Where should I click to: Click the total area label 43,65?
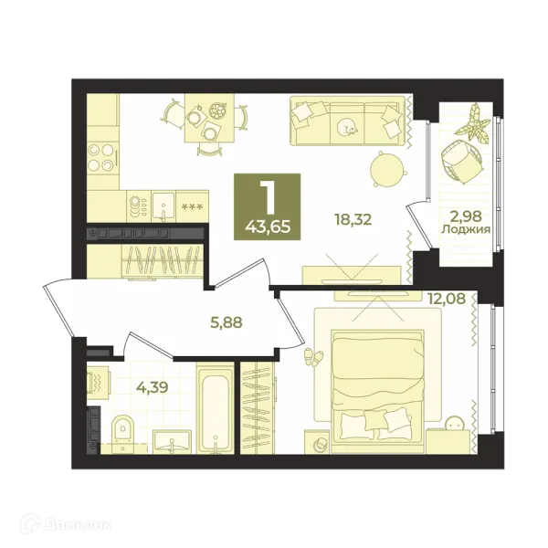pos(268,227)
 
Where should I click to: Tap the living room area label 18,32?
pos(353,220)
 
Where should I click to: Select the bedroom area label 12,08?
pos(447,298)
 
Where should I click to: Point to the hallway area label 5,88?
pos(227,322)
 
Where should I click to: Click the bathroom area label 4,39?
pos(153,386)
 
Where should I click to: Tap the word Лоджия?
pos(466,229)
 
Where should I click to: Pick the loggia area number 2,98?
pos(466,216)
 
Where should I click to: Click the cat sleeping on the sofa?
pos(347,126)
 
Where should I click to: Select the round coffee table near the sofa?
pos(387,169)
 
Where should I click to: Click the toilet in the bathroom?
pos(122,430)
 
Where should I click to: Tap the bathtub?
pos(215,408)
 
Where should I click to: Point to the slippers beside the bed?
pos(314,357)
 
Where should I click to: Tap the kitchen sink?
pos(163,206)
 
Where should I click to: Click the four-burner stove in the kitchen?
pos(101,157)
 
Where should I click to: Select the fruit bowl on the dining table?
pos(218,111)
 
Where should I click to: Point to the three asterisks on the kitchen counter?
pos(192,206)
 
